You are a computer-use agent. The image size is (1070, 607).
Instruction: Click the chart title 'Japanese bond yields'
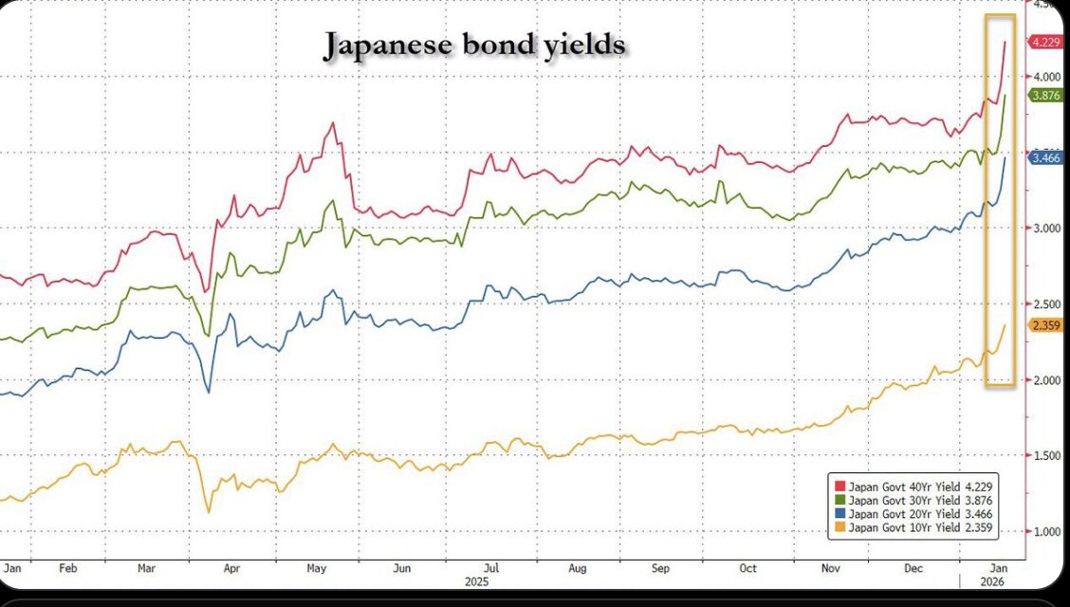tap(474, 45)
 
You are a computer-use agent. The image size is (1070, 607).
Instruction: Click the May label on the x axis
tap(317, 568)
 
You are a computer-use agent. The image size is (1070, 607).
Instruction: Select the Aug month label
tap(577, 568)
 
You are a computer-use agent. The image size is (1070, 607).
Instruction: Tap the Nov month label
tap(831, 568)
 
